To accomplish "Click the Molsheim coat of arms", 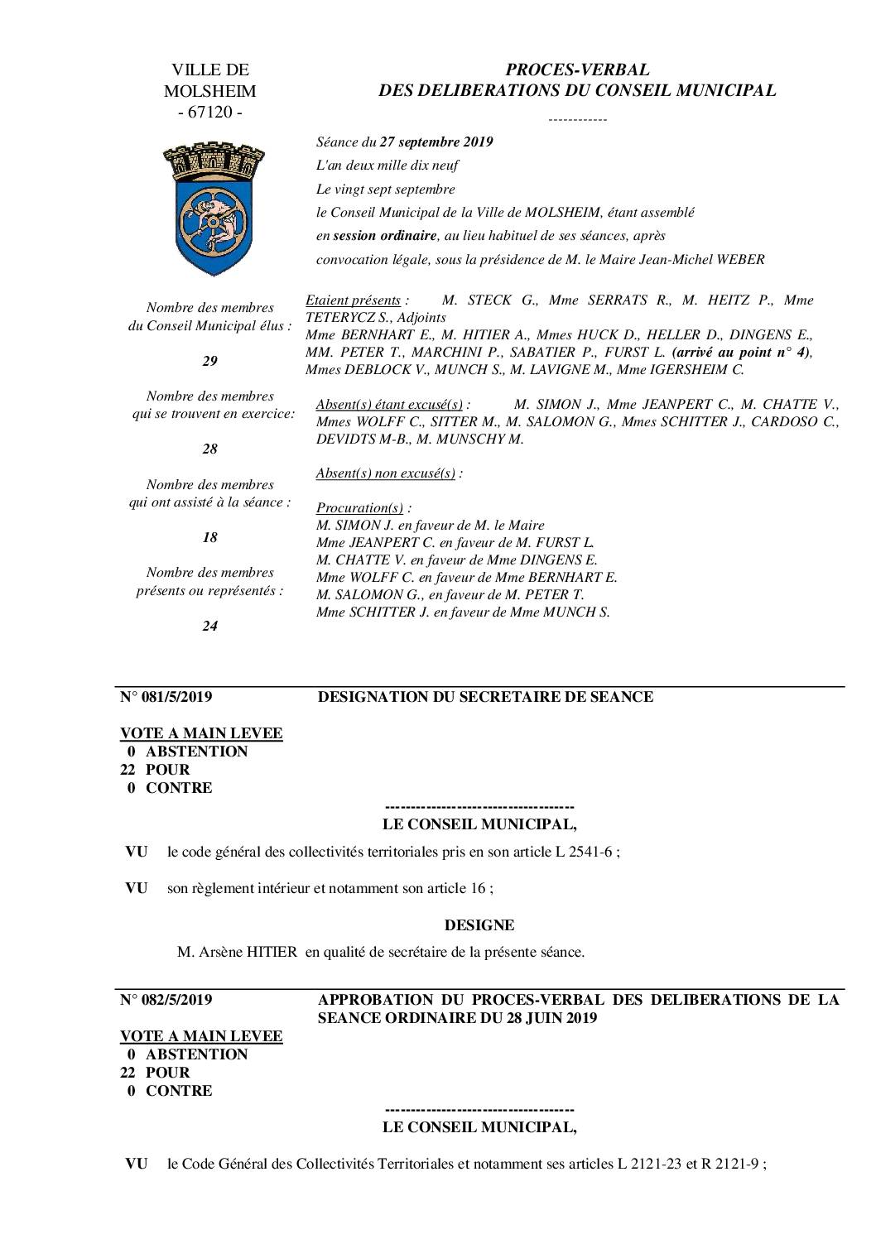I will point(209,208).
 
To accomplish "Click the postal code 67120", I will point(210,112).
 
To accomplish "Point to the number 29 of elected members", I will point(209,361).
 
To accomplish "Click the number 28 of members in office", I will point(209,449).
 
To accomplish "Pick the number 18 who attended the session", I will point(209,537).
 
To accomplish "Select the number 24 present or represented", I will point(209,626).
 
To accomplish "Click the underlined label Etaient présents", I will point(354,300).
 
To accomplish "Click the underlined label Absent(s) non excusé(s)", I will point(387,473).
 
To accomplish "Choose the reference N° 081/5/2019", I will point(166,697).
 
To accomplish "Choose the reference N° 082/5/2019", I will point(166,1000).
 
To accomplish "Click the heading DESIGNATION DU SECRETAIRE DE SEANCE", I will point(485,697).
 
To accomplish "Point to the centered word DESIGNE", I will point(479,924).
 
